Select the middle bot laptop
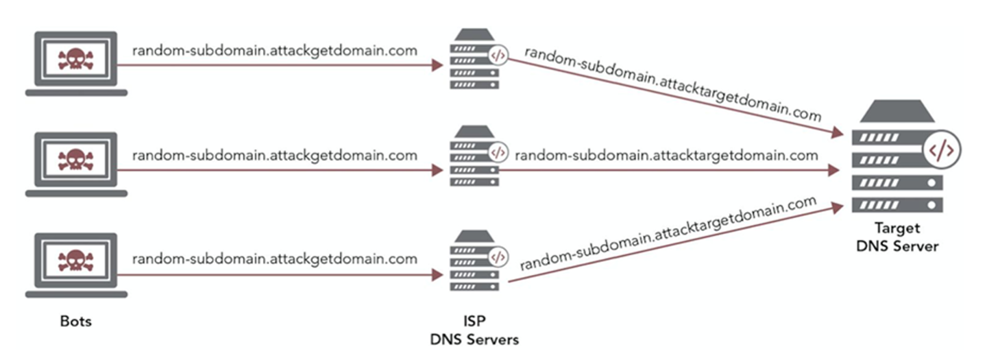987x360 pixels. tap(76, 165)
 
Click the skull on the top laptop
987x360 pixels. tap(76, 58)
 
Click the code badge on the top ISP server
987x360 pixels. tap(498, 55)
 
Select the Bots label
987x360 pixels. tap(75, 321)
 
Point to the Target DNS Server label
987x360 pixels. tap(897, 237)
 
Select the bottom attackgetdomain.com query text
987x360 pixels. tap(274, 259)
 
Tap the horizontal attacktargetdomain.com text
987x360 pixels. tap(666, 156)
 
